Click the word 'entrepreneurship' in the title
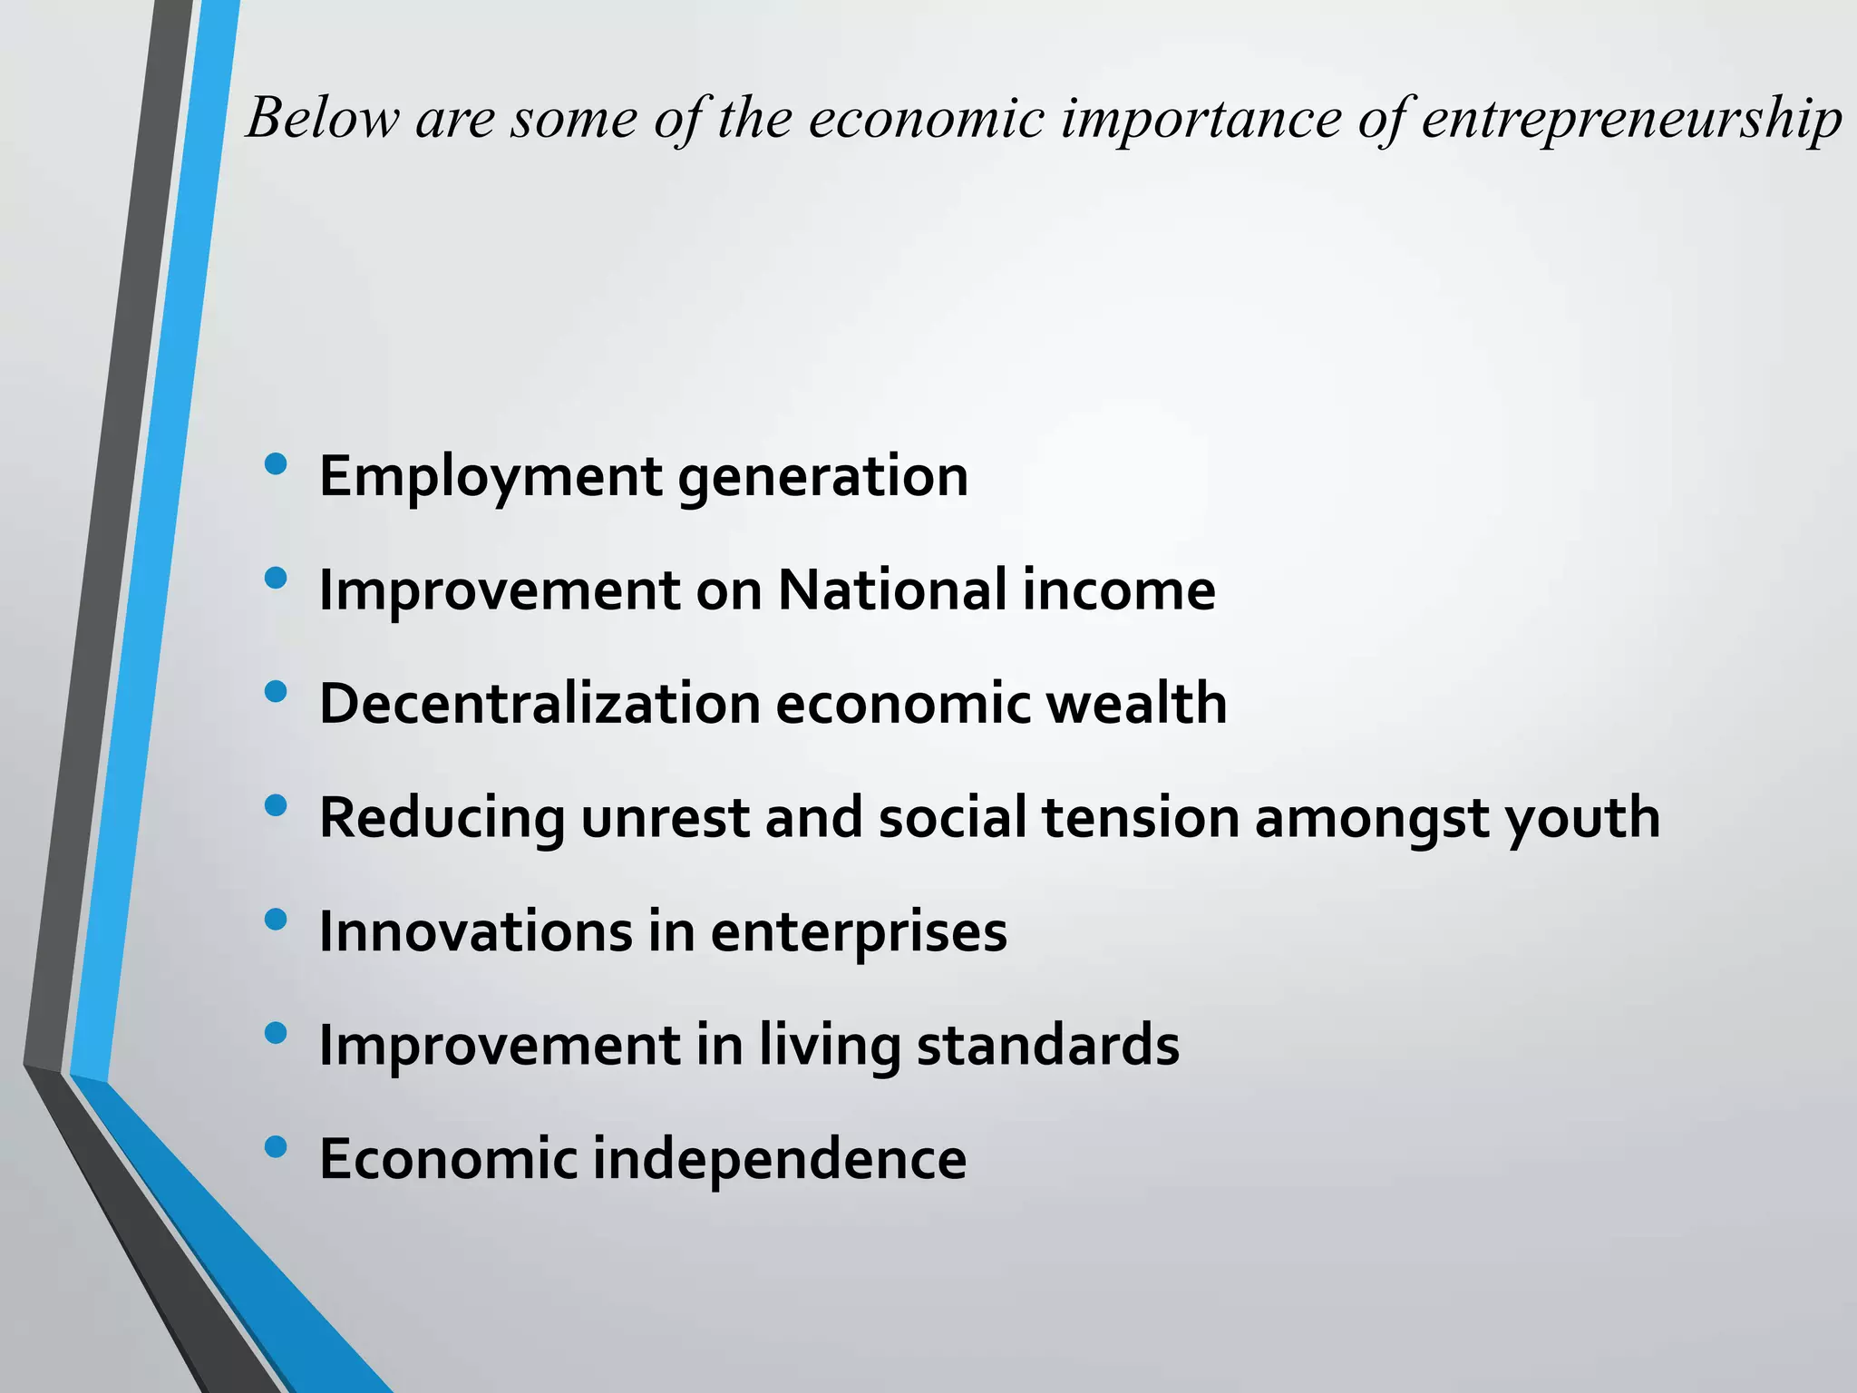(1631, 120)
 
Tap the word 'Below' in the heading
(323, 118)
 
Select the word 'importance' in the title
(1201, 120)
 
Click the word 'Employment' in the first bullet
(491, 477)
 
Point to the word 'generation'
(823, 477)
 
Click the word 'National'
(892, 590)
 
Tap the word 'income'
(1119, 590)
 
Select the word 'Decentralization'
(540, 704)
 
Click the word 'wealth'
(1137, 704)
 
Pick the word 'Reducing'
(442, 819)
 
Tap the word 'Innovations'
(475, 931)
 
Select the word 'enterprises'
(859, 933)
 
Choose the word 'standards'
(1048, 1045)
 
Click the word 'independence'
(780, 1160)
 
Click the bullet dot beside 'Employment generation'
(276, 465)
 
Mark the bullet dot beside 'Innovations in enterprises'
(276, 921)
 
